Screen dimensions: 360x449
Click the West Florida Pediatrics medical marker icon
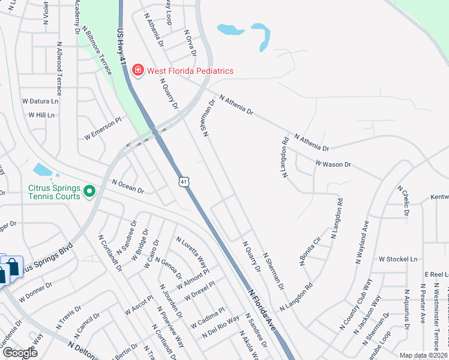tap(138, 71)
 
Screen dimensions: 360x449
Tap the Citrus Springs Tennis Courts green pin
tap(89, 192)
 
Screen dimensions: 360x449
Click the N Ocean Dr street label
tap(128, 187)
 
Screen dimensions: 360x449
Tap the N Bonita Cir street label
tap(310, 251)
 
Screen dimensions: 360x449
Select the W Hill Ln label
tap(41, 115)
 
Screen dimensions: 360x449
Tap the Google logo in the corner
tap(19, 353)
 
